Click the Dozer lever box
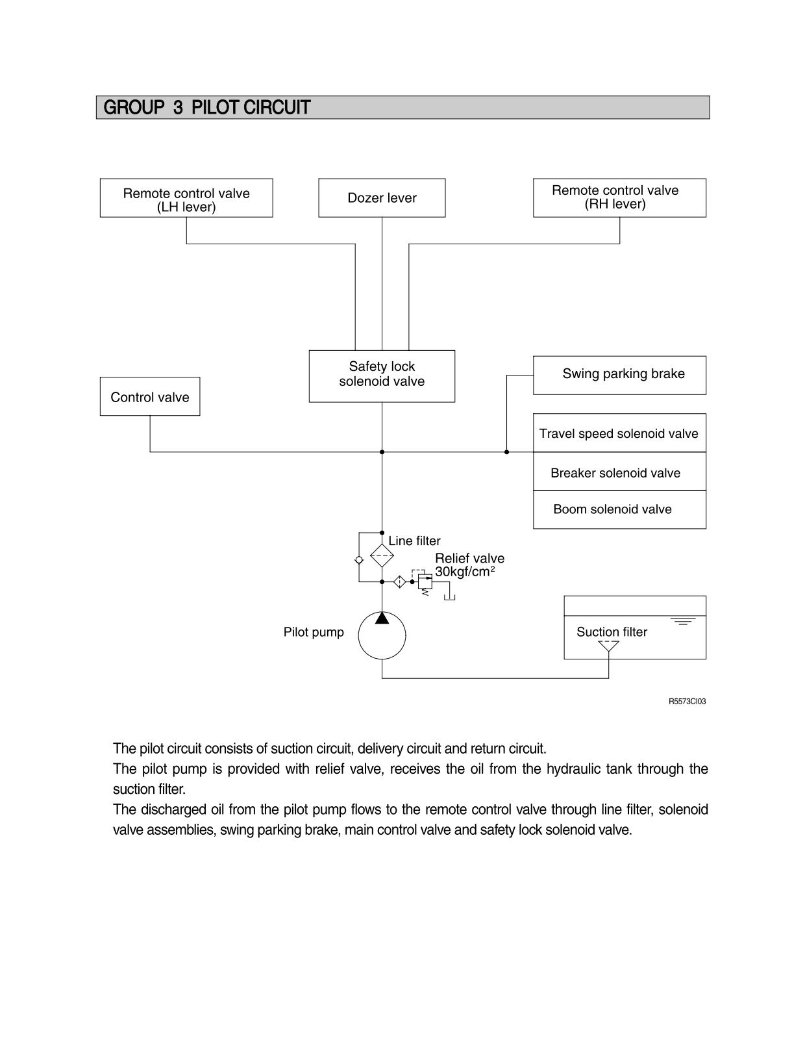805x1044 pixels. [382, 197]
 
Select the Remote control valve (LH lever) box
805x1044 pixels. [186, 197]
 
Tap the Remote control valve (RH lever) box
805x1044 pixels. [619, 197]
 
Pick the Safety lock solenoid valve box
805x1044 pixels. [382, 376]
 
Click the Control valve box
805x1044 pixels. [150, 396]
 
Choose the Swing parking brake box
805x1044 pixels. [619, 376]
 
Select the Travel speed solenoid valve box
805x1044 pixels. [619, 433]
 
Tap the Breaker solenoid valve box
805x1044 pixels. [619, 471]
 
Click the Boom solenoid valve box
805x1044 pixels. [619, 510]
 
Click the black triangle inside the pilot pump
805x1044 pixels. [382, 618]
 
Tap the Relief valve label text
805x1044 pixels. [469, 558]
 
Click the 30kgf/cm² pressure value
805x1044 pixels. [465, 571]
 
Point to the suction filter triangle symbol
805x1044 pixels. [608, 646]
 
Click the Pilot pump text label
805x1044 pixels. [314, 632]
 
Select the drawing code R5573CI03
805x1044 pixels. [687, 702]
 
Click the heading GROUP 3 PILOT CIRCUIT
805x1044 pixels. [207, 108]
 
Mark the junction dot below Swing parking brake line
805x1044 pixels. [506, 452]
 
